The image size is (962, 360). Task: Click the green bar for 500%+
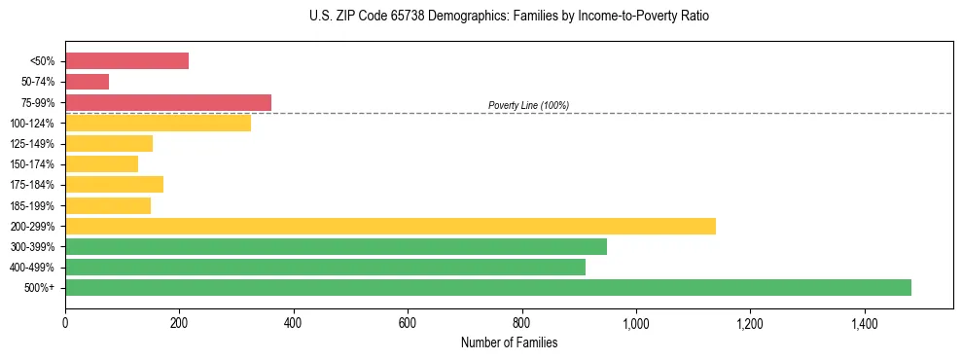pyautogui.click(x=487, y=287)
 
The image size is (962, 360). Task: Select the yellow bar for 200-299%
pyautogui.click(x=390, y=226)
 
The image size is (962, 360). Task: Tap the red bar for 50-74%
pyautogui.click(x=87, y=82)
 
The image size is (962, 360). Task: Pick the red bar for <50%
pyautogui.click(x=126, y=60)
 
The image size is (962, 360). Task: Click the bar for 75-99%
pyautogui.click(x=168, y=102)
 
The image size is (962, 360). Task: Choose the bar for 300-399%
pyautogui.click(x=336, y=246)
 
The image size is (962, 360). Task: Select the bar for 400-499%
pyautogui.click(x=325, y=267)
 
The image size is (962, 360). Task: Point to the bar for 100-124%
pyautogui.click(x=158, y=123)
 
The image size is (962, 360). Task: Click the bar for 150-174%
pyautogui.click(x=101, y=163)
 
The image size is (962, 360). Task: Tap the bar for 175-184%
pyautogui.click(x=114, y=184)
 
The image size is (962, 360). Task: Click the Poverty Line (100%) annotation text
pyautogui.click(x=528, y=105)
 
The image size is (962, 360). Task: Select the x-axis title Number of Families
pyautogui.click(x=509, y=342)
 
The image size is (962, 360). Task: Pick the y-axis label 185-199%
pyautogui.click(x=33, y=205)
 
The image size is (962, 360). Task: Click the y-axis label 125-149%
pyautogui.click(x=33, y=144)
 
